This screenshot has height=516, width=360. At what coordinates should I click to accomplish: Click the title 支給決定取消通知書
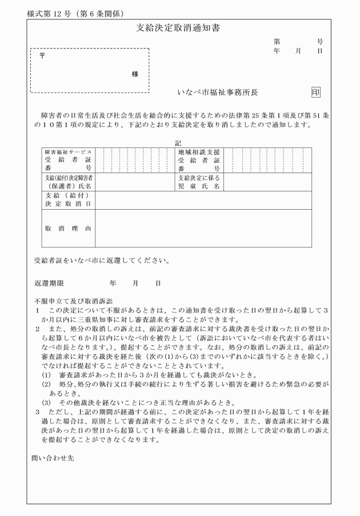[179, 27]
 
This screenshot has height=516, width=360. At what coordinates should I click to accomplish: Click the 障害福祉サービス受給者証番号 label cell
[68, 160]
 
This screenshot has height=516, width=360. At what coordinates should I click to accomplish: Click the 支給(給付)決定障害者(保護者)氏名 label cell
[68, 182]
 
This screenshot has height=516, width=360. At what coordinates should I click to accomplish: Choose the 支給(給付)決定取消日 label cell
[68, 199]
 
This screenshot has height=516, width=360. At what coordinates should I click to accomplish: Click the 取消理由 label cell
[68, 228]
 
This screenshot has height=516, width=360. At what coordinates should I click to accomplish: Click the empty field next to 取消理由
[203, 228]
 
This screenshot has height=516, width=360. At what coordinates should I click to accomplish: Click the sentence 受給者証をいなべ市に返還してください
[102, 262]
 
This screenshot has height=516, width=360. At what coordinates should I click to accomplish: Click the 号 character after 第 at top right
[320, 42]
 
